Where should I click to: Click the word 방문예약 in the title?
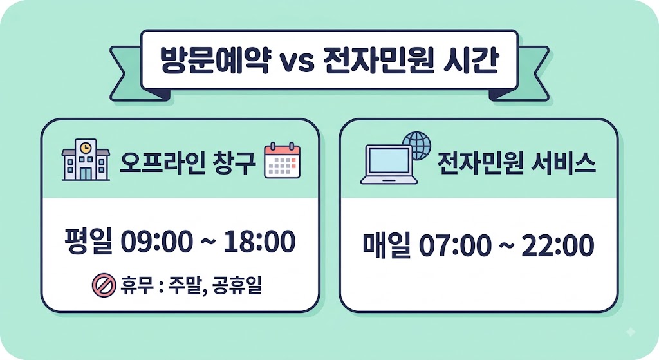[x=215, y=61]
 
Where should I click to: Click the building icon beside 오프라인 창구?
[x=86, y=160]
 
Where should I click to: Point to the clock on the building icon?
[x=86, y=147]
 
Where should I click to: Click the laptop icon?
[x=389, y=164]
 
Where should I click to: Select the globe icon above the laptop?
[x=417, y=146]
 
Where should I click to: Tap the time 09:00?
[x=157, y=242]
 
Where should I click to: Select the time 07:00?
[x=455, y=245]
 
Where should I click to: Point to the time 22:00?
[x=558, y=245]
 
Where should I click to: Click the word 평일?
[x=88, y=242]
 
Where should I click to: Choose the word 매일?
[x=387, y=245]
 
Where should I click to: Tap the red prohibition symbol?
[x=104, y=285]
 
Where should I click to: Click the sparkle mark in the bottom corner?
[x=631, y=332]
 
